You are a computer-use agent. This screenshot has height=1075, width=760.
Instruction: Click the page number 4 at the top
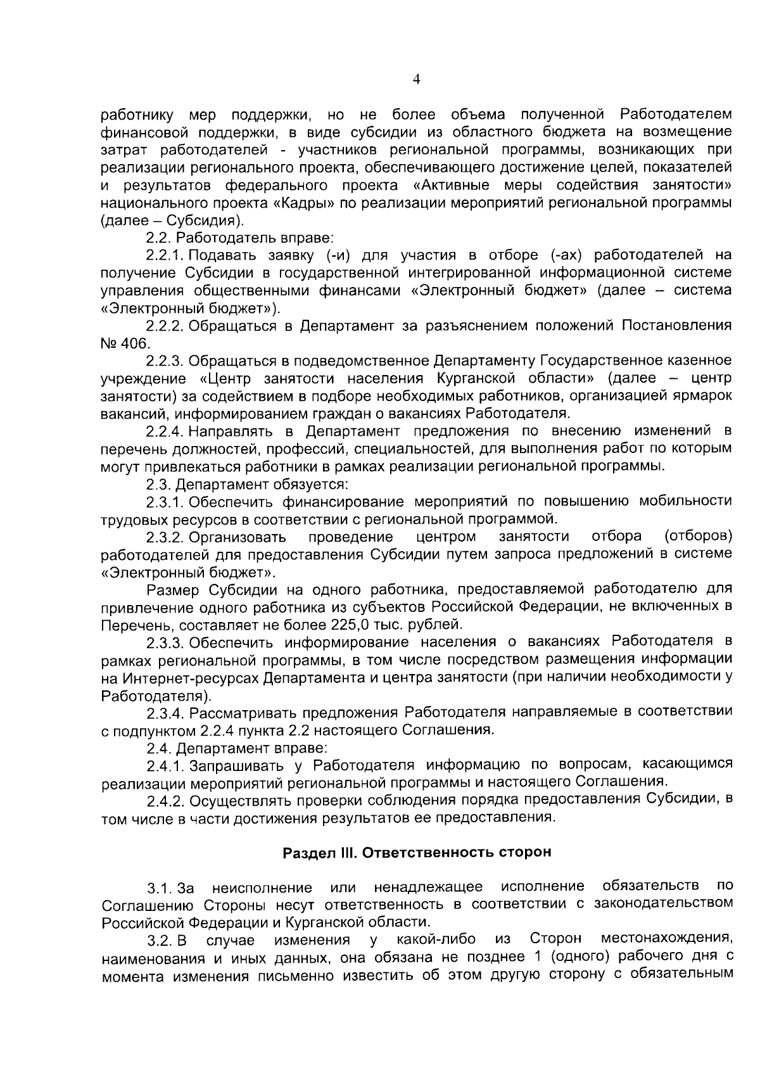[415, 79]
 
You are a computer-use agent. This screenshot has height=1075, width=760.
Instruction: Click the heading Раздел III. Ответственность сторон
[416, 852]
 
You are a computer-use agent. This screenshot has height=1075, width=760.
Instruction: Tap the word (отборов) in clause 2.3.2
[698, 537]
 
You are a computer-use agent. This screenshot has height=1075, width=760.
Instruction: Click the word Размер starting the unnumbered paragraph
[173, 590]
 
